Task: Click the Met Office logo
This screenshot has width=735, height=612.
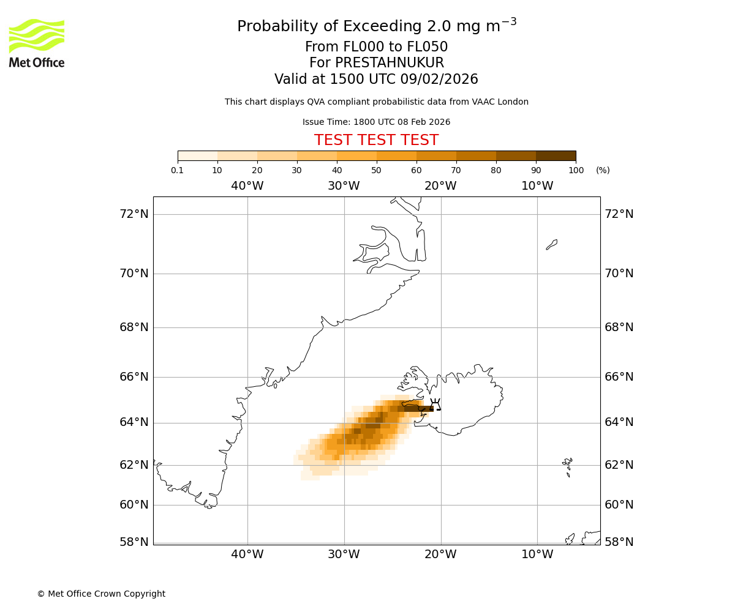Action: (37, 43)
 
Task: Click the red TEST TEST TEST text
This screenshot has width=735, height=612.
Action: (376, 141)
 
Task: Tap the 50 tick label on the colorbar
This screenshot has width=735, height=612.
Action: (376, 170)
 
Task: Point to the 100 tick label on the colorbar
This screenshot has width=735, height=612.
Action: (576, 170)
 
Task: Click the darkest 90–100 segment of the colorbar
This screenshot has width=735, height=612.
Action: (556, 155)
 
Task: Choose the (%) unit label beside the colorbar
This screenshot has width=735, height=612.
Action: (603, 170)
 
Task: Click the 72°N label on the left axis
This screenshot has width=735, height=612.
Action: (134, 214)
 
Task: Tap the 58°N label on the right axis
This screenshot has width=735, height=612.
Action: (619, 542)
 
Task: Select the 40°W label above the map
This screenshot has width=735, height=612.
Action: (247, 186)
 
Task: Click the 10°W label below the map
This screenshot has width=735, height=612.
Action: (537, 554)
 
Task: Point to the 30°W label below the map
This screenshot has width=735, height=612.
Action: (344, 554)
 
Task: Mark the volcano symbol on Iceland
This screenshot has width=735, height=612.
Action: (435, 404)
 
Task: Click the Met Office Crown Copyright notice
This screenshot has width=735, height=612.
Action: (101, 594)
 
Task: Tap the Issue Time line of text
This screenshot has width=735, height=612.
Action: (376, 122)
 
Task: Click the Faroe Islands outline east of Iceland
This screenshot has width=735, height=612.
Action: (568, 466)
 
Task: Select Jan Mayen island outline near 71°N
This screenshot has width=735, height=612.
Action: (552, 245)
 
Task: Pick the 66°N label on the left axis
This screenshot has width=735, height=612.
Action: (134, 376)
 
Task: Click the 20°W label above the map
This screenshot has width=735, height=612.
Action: (440, 186)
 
